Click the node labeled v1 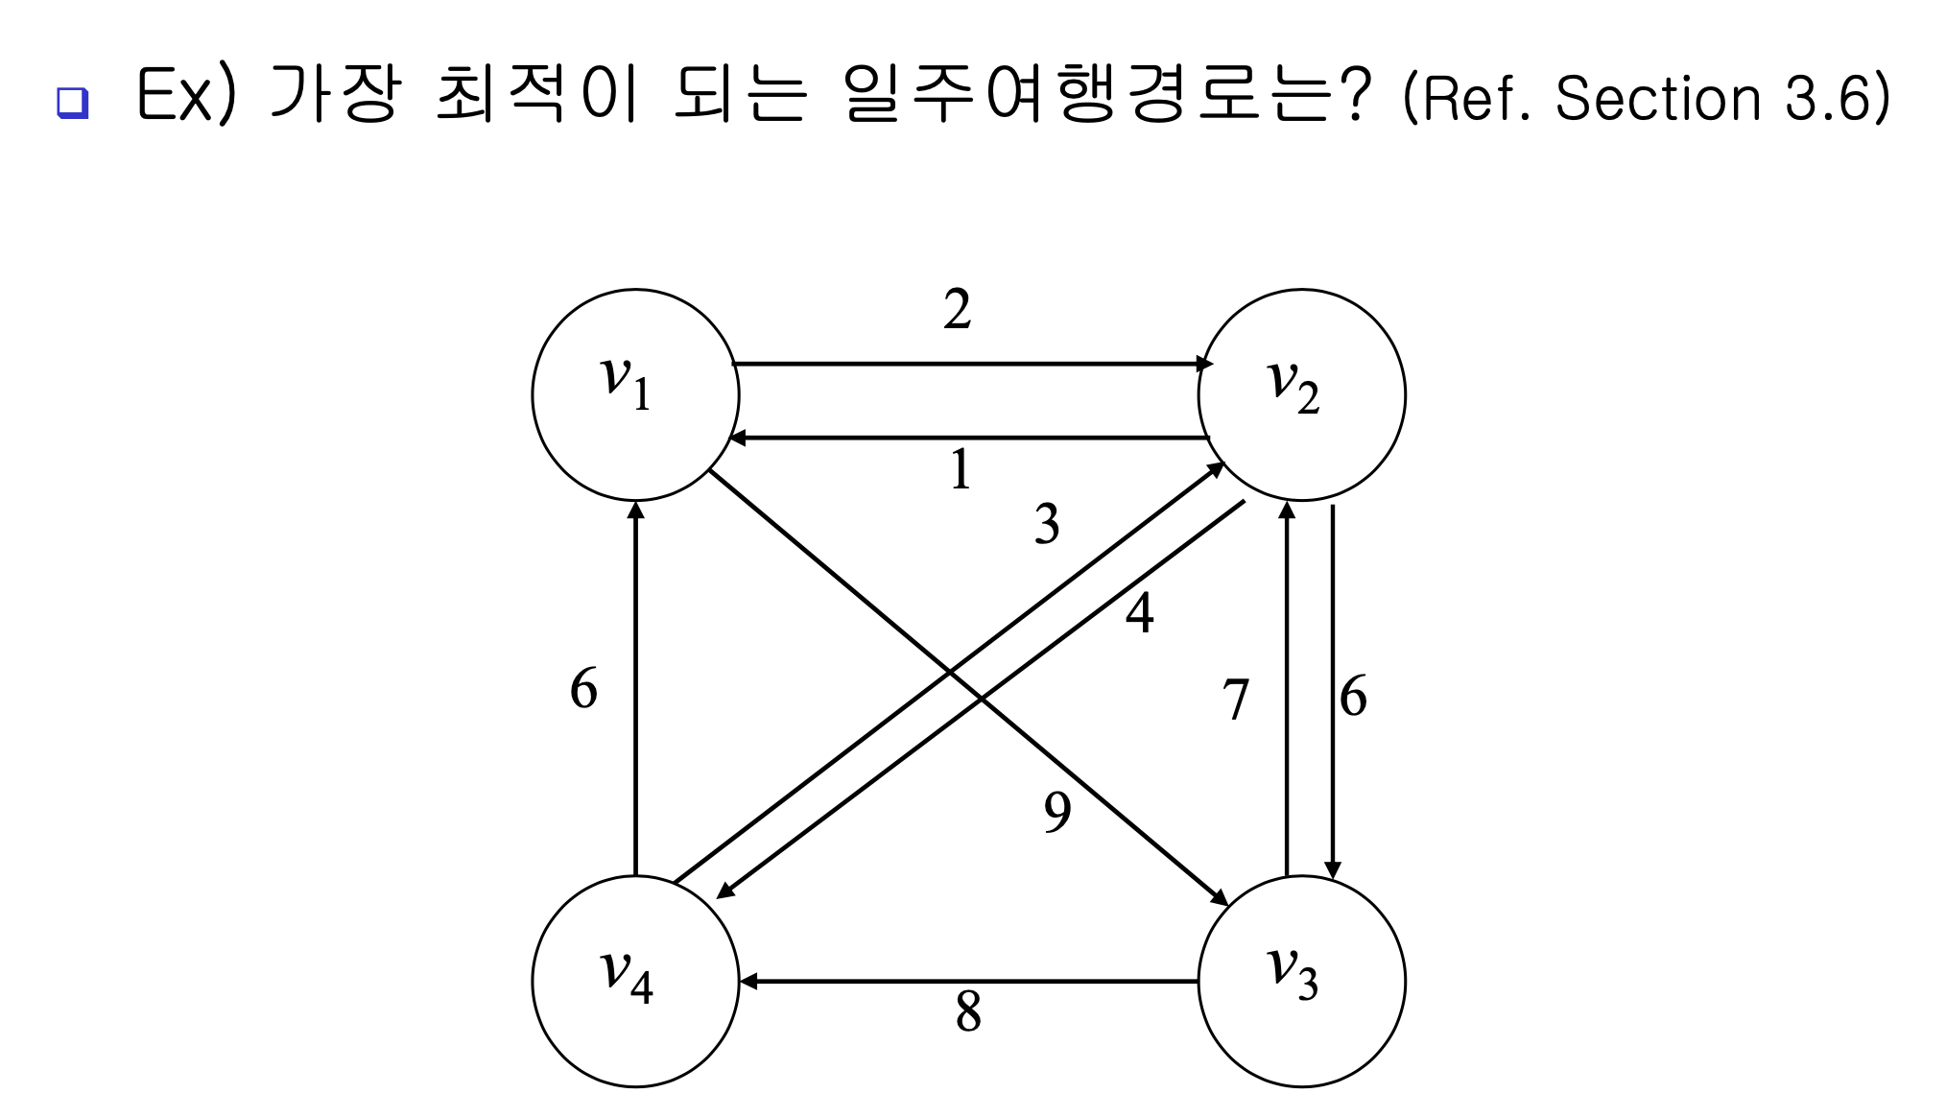coord(635,394)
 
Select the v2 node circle coord(1301,394)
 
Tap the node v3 coord(1301,981)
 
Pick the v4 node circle coord(635,981)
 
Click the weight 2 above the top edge coord(957,310)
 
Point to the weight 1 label coord(960,471)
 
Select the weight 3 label coord(1047,524)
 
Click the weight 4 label coord(1139,612)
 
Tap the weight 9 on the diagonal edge coord(1057,812)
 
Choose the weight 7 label coord(1236,699)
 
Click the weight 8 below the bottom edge coord(968,1011)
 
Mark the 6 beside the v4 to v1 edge coord(583,689)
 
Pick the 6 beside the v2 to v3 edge coord(1353,697)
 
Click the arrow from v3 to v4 coord(969,981)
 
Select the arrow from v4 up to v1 coord(635,689)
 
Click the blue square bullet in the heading coord(72,102)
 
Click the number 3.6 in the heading coord(1829,98)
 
